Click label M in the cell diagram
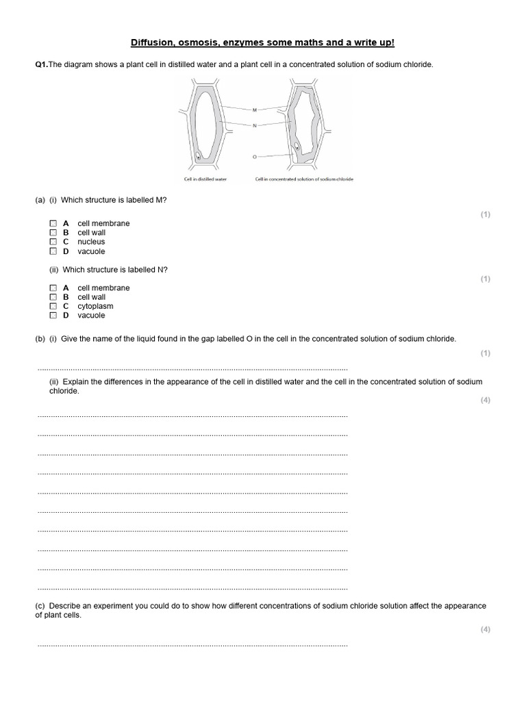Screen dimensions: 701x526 254,110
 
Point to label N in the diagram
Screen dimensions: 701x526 254,125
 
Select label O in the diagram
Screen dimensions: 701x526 254,157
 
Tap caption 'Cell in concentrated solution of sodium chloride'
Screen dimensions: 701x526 304,179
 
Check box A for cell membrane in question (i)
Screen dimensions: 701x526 53,224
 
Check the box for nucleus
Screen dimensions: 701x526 53,242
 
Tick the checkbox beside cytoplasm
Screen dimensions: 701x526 53,307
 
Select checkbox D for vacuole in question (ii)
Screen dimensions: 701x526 53,316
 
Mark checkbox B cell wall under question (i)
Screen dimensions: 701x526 53,233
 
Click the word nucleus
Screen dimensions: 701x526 91,242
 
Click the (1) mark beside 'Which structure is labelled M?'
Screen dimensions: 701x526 485,215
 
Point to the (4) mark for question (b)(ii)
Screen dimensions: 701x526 485,400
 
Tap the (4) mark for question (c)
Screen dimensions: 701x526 485,630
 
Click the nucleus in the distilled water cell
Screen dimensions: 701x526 198,157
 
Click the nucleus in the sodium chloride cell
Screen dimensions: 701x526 297,147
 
